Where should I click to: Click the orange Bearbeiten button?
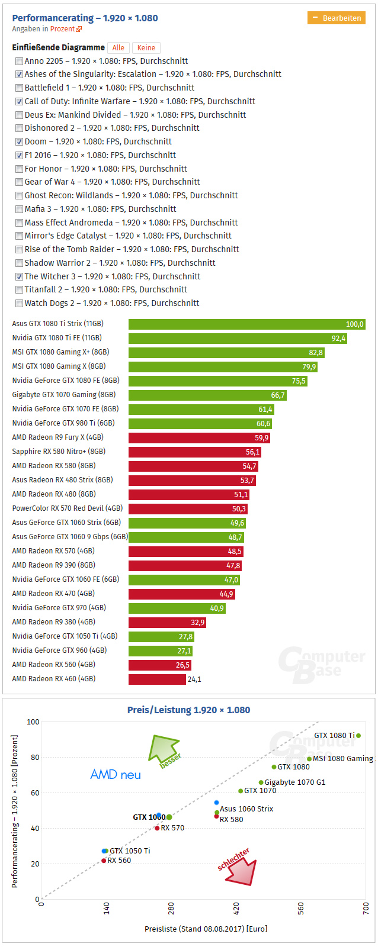[x=336, y=18]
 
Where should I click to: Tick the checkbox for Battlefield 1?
[x=20, y=88]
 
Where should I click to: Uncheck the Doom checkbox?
[x=20, y=141]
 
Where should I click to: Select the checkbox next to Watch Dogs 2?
[x=20, y=303]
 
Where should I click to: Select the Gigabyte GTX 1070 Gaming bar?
[x=207, y=395]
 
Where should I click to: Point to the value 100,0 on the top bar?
[x=354, y=324]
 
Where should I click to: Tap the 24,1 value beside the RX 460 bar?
[x=194, y=679]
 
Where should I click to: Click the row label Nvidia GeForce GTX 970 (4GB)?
[x=59, y=608]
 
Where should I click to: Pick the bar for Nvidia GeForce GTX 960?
[x=160, y=650]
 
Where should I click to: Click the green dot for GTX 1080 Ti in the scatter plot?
[x=358, y=736]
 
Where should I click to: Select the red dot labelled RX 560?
[x=104, y=861]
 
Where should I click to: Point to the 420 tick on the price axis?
[x=236, y=908]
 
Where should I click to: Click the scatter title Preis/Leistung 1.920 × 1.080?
[x=188, y=710]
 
